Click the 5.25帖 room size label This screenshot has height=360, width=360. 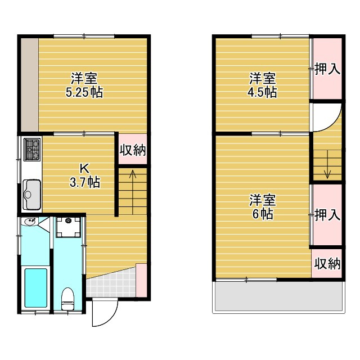[x=84, y=93]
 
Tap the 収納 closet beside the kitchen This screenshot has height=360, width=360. [x=133, y=150]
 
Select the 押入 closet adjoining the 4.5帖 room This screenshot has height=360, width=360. [x=327, y=69]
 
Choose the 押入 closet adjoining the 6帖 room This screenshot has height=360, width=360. [x=327, y=214]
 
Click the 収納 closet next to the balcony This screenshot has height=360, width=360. [x=327, y=263]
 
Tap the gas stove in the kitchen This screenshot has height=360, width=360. [x=31, y=149]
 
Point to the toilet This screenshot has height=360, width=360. [x=68, y=298]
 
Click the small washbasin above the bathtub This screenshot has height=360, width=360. [x=31, y=222]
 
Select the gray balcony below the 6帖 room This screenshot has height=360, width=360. [x=278, y=296]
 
